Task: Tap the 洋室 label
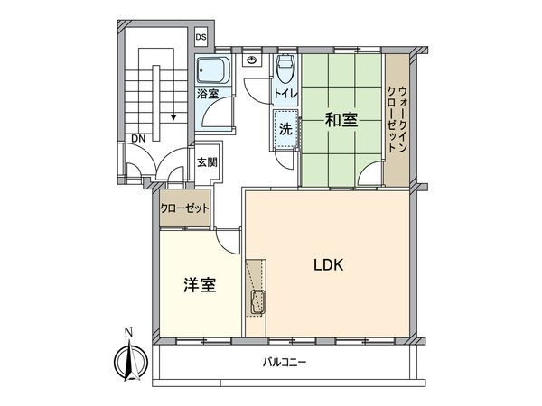(x=200, y=286)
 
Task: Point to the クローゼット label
(x=185, y=208)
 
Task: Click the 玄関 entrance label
(x=207, y=162)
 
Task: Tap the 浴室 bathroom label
(x=208, y=93)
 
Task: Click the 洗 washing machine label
(x=284, y=128)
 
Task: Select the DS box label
(x=201, y=37)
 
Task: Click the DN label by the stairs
(x=137, y=138)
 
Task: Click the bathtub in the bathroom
(x=214, y=69)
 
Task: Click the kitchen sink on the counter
(x=256, y=301)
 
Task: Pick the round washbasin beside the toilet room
(x=252, y=61)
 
